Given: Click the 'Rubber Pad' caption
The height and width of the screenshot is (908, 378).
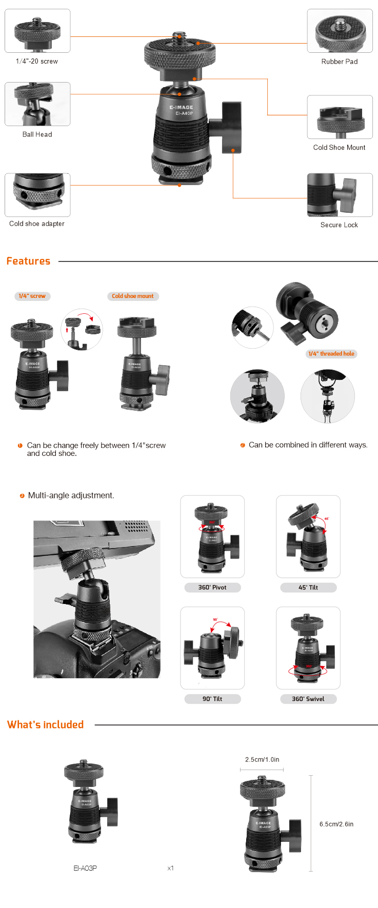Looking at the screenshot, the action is click(x=340, y=62).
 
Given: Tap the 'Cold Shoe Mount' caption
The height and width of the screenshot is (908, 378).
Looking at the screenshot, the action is click(x=340, y=148).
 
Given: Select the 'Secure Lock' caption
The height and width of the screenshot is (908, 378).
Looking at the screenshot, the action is click(x=339, y=225).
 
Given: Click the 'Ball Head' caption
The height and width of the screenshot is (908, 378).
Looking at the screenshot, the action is click(x=37, y=134).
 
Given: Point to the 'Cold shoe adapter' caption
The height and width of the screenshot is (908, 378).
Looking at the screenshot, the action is click(x=37, y=224).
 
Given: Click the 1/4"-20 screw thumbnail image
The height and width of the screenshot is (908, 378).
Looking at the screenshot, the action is click(x=37, y=31).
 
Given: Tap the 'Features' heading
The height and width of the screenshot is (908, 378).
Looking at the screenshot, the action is click(x=28, y=261).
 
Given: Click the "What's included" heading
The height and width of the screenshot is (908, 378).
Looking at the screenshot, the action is click(x=45, y=724).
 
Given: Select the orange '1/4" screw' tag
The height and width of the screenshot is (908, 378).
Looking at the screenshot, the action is click(x=32, y=296).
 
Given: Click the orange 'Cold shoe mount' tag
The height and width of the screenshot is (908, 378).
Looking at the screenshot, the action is click(x=133, y=296).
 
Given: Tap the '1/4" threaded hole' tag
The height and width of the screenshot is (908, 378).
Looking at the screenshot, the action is click(x=331, y=354).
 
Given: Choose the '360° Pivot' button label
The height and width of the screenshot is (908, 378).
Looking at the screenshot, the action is click(x=212, y=588).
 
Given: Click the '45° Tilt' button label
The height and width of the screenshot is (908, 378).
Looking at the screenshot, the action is click(x=308, y=588).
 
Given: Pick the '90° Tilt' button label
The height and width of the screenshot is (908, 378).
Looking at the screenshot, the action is click(x=212, y=699).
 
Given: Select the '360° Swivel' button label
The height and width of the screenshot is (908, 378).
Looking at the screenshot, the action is click(x=308, y=699).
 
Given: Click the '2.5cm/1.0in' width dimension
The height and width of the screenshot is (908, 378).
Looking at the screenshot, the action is click(x=262, y=760).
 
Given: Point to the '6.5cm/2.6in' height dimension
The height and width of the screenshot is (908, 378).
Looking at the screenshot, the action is click(x=336, y=824).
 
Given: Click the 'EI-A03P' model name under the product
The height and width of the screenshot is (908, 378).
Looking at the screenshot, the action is click(x=85, y=868).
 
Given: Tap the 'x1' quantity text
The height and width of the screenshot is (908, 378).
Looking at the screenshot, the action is click(x=171, y=868).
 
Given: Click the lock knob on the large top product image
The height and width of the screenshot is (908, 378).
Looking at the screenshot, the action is click(x=230, y=127).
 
